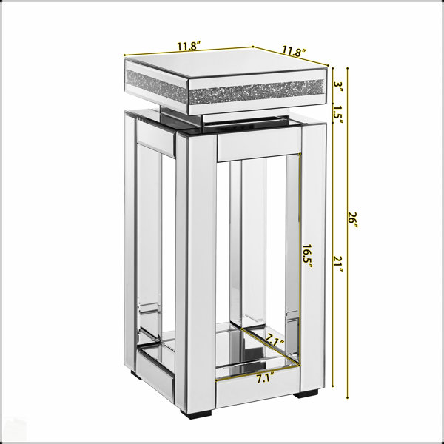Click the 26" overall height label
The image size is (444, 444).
[352, 221]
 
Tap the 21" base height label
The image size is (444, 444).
[338, 263]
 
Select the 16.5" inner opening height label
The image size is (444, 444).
[307, 257]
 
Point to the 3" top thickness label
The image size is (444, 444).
[338, 87]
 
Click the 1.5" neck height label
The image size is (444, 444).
[338, 114]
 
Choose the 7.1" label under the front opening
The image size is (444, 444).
[266, 378]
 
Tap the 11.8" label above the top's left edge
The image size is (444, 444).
[189, 46]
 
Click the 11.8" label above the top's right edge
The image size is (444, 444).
[295, 52]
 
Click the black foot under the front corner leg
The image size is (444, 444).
[196, 414]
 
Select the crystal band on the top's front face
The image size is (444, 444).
[257, 92]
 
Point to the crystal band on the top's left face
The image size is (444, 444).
[157, 86]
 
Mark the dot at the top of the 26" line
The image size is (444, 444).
[348, 68]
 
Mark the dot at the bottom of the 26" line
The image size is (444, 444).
[348, 398]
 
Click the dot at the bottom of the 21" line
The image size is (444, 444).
[333, 386]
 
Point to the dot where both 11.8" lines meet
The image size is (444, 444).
[252, 47]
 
